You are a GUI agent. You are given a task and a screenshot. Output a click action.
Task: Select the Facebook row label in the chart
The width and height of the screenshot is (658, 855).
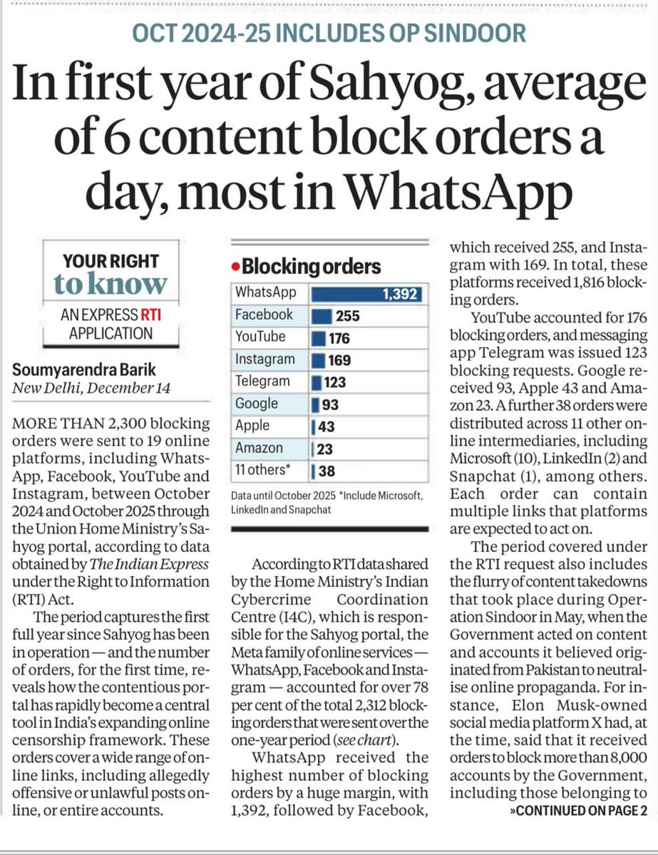[x=264, y=314]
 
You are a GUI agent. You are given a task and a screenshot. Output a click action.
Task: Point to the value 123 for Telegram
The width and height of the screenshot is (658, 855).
[x=334, y=382]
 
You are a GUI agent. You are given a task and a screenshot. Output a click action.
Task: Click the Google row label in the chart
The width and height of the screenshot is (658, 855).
[x=257, y=404]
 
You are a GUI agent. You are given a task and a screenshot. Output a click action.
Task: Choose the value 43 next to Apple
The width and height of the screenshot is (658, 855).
[x=327, y=426]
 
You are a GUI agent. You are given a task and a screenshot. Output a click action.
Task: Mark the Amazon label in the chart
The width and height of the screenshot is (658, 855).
[x=259, y=448]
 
